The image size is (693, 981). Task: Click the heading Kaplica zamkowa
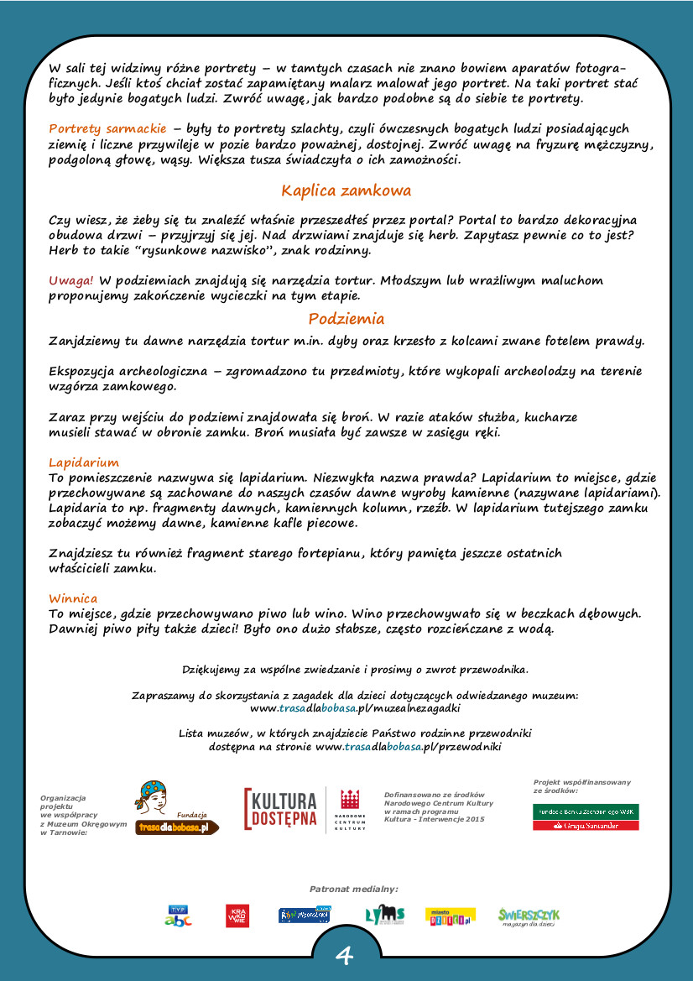tap(346, 190)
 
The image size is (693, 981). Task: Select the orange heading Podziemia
tap(346, 319)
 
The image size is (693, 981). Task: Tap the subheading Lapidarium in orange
tap(84, 462)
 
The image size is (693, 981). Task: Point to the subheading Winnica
tap(73, 598)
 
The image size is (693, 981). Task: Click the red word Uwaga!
tap(71, 280)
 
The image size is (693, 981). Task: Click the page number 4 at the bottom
tap(345, 956)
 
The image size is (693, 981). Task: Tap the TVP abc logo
tap(178, 916)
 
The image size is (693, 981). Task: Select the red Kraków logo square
tap(237, 916)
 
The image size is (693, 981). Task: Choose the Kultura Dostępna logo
tap(280, 809)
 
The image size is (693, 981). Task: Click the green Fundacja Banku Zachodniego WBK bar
tap(586, 811)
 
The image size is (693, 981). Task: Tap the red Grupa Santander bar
tap(586, 826)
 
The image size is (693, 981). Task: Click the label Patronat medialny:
tap(353, 888)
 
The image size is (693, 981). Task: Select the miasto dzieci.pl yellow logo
tap(451, 916)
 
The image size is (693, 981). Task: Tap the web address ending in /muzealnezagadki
tap(355, 708)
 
